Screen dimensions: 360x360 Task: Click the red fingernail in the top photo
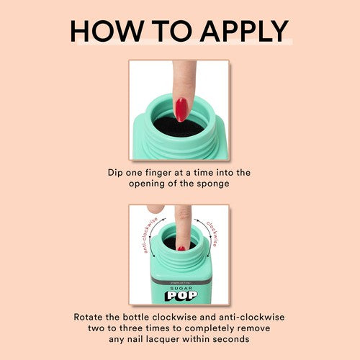click(x=181, y=109)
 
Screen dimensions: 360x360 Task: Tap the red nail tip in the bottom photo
click(x=181, y=248)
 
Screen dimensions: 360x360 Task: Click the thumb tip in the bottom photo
click(x=153, y=209)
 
